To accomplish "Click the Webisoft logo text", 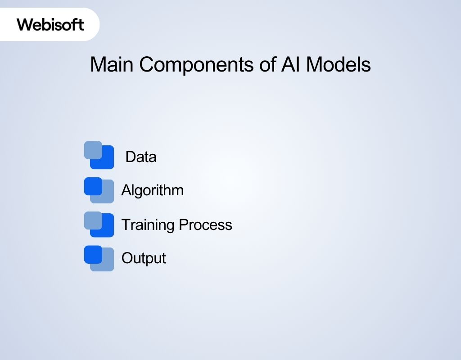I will click(50, 24).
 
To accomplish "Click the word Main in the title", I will click(112, 64).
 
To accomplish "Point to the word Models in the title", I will click(339, 64).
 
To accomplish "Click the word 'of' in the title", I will click(268, 64).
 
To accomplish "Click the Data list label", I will click(141, 157).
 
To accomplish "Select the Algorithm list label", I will click(152, 190).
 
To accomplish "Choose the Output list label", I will click(144, 258).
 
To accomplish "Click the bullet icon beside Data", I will click(99, 155).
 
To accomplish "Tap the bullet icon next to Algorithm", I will click(99, 190).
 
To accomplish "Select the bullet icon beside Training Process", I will click(99, 224).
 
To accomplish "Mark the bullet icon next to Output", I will click(99, 258).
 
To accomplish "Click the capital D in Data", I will click(130, 157).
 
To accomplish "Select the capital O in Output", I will click(127, 258).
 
